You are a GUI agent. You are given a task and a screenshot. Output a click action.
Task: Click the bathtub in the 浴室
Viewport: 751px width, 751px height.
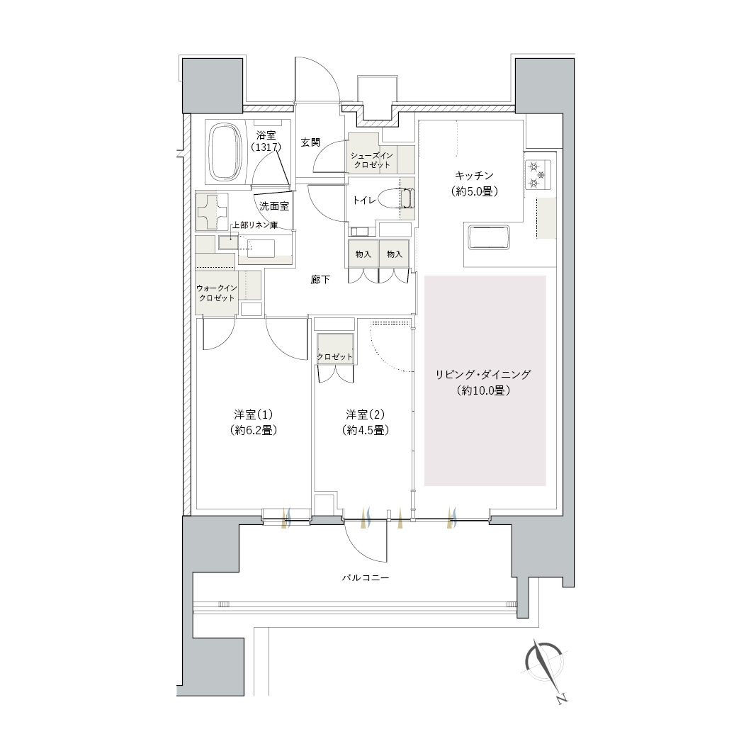pyautogui.click(x=225, y=152)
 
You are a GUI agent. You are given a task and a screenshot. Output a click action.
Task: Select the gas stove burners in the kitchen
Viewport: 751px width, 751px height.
pyautogui.click(x=538, y=175)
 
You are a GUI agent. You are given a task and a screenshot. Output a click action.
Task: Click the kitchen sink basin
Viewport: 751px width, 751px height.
pyautogui.click(x=489, y=237)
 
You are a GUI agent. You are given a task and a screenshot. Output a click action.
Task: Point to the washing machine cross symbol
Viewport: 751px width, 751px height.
pyautogui.click(x=211, y=212)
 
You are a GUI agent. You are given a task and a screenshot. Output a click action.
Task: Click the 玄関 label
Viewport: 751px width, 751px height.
pyautogui.click(x=310, y=142)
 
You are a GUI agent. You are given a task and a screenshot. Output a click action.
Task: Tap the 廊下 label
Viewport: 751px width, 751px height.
pyautogui.click(x=320, y=279)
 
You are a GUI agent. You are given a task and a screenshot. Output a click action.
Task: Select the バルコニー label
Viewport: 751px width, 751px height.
pyautogui.click(x=366, y=577)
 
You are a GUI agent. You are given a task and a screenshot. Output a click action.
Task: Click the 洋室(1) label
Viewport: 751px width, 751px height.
pyautogui.click(x=254, y=414)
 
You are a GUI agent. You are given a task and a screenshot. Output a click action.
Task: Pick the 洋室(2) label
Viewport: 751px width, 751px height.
pyautogui.click(x=366, y=414)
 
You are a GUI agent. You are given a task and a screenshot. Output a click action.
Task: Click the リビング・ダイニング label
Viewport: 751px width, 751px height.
pyautogui.click(x=482, y=374)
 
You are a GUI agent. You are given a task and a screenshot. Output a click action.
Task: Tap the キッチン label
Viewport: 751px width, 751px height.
pyautogui.click(x=474, y=175)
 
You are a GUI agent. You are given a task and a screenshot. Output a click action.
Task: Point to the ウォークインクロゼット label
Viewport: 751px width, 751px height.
pyautogui.click(x=217, y=293)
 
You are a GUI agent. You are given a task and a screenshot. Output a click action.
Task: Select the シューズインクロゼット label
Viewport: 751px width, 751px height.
pyautogui.click(x=371, y=160)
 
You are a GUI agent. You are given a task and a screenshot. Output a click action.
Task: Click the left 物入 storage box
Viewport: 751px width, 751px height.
pyautogui.click(x=363, y=254)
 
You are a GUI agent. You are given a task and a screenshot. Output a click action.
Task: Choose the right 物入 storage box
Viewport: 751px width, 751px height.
pyautogui.click(x=394, y=254)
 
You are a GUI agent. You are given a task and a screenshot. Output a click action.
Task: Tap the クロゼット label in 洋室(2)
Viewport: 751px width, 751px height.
pyautogui.click(x=334, y=357)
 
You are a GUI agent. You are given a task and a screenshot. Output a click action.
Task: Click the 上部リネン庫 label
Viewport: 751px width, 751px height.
pyautogui.click(x=255, y=225)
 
